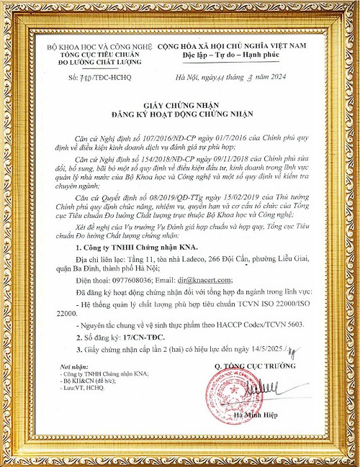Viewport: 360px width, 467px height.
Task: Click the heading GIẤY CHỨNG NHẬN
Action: (x=180, y=103)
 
